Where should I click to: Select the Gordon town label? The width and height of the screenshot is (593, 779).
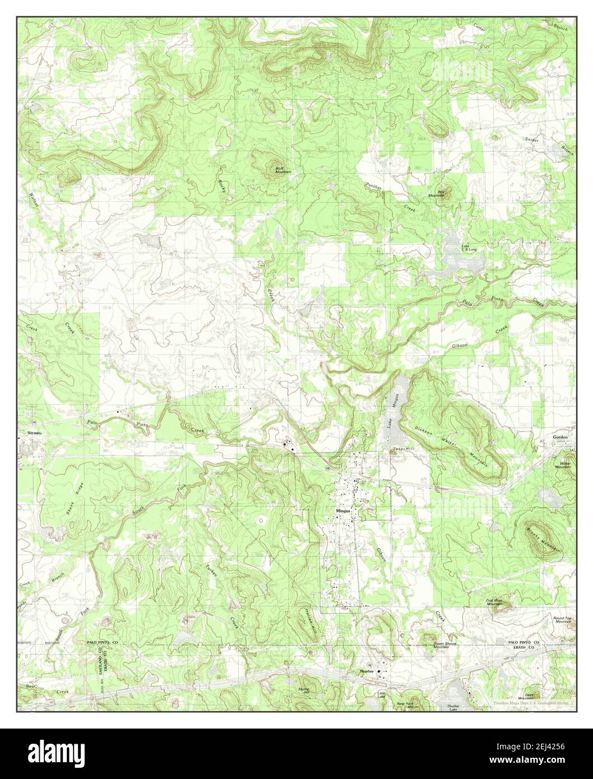pyautogui.click(x=560, y=437)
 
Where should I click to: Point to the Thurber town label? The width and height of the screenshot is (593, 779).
pyautogui.click(x=367, y=671)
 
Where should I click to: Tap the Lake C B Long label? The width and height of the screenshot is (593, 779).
pyautogui.click(x=469, y=247)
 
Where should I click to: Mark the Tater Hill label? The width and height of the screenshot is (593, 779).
pyautogui.click(x=402, y=449)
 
